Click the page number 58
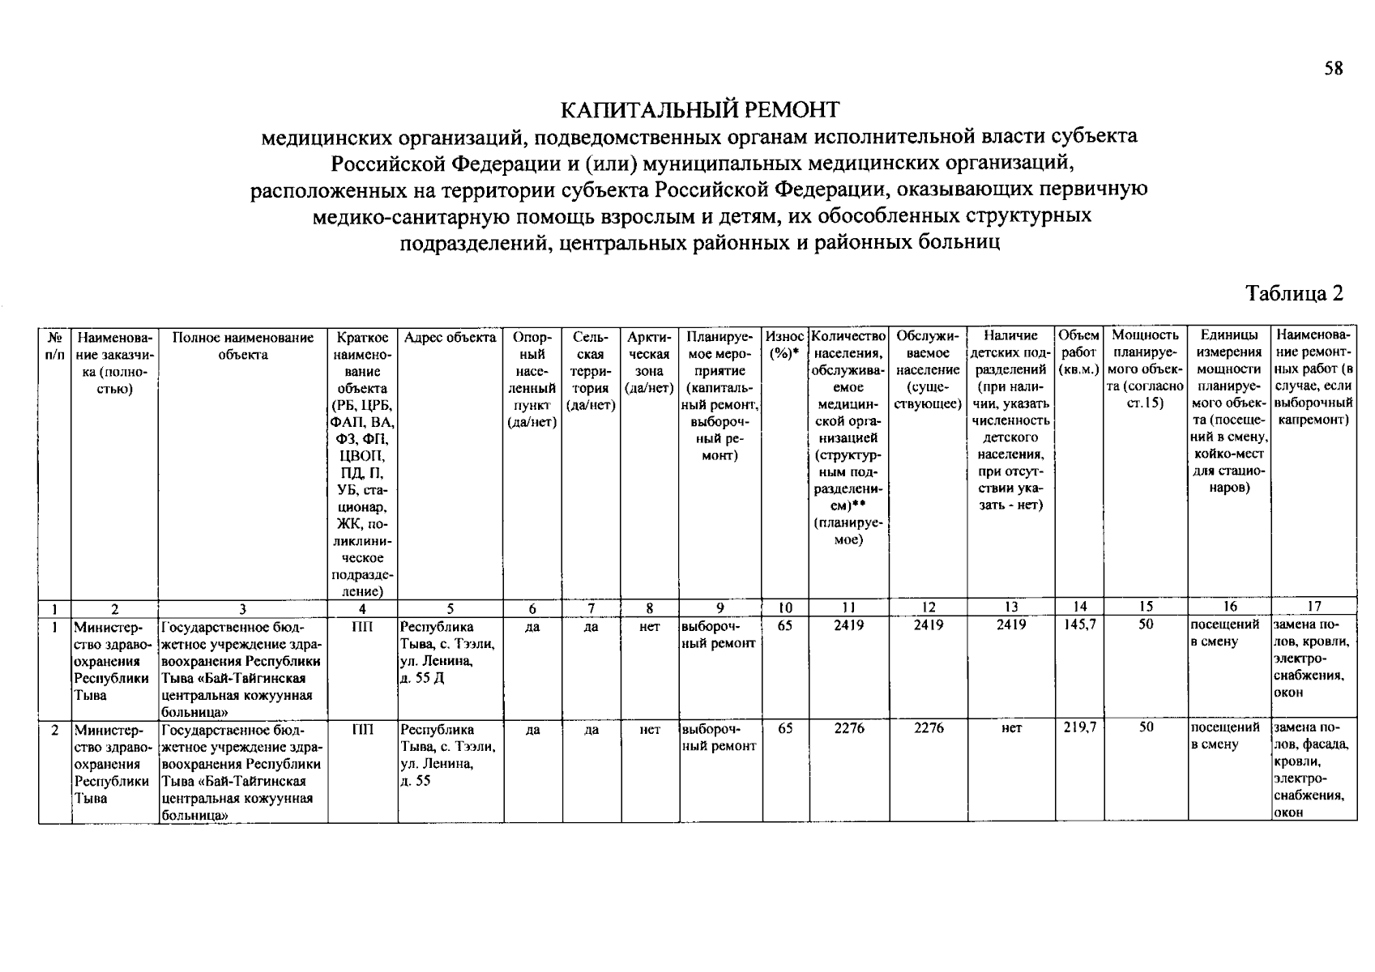[1334, 69]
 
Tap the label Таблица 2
[1294, 293]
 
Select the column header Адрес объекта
[450, 337]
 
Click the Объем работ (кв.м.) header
[1078, 353]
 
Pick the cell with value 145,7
[1079, 625]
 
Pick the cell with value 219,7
[1079, 728]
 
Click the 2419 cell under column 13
[1010, 625]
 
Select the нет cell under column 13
[1010, 728]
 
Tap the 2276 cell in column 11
[849, 728]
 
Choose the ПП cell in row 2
[362, 728]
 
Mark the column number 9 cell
[720, 608]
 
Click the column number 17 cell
[1313, 607]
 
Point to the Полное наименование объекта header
[243, 346]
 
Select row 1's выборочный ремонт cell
[720, 634]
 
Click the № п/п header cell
[54, 346]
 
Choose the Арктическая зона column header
[649, 362]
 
